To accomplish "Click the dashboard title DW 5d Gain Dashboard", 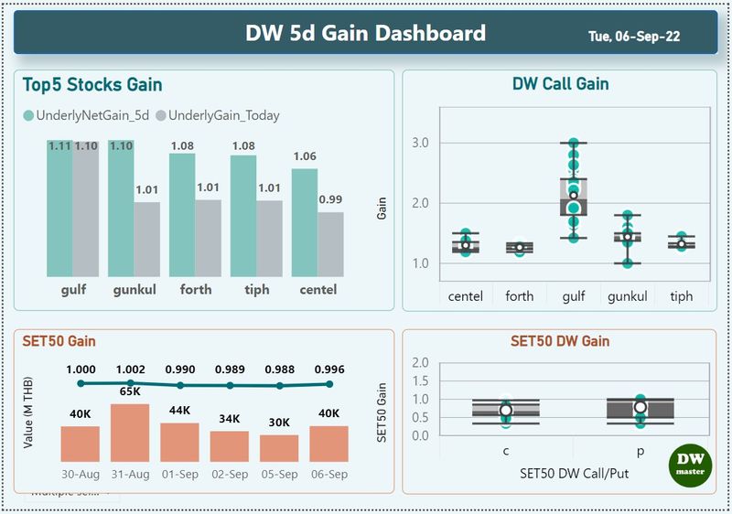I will pos(365,34).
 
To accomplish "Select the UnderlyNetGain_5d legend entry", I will pos(88,115).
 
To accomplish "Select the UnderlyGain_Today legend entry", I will pos(218,115).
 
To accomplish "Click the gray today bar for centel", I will pos(331,244).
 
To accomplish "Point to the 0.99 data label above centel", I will pos(331,198).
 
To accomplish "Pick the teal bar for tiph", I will pos(243,216).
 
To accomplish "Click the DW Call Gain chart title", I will pos(560,84).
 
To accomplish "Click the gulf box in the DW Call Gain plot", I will pos(574,197).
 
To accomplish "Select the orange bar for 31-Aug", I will pos(130,433).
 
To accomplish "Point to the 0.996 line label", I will pos(328,369).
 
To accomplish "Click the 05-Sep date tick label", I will pos(279,476).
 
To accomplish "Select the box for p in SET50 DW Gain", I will pos(640,411).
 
